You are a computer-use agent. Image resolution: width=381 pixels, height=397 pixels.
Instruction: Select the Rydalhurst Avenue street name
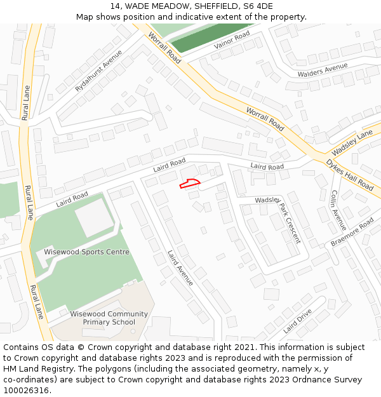[x=98, y=71]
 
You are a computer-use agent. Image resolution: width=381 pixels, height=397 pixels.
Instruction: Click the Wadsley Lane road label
[x=352, y=144]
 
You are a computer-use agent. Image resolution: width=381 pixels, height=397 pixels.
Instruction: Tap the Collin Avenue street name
[x=338, y=210]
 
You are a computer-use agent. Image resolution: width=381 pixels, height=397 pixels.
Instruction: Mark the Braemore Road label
[x=352, y=233]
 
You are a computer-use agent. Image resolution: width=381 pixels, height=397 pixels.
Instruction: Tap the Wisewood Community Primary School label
[x=109, y=318]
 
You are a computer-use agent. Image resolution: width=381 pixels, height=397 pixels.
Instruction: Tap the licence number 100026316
[x=25, y=390]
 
